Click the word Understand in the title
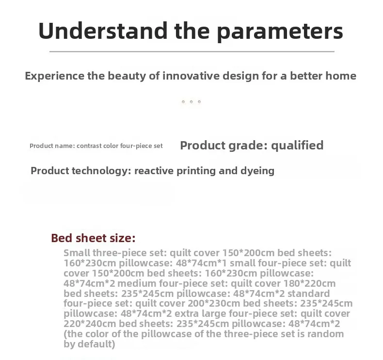point(103,31)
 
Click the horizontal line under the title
point(192,51)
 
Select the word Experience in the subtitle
point(55,76)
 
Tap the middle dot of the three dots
point(191,102)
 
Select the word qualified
point(297,146)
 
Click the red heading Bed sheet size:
point(93,238)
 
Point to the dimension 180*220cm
point(309,283)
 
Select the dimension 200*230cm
point(214,303)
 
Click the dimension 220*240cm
point(90,324)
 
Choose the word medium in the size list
point(137,283)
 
